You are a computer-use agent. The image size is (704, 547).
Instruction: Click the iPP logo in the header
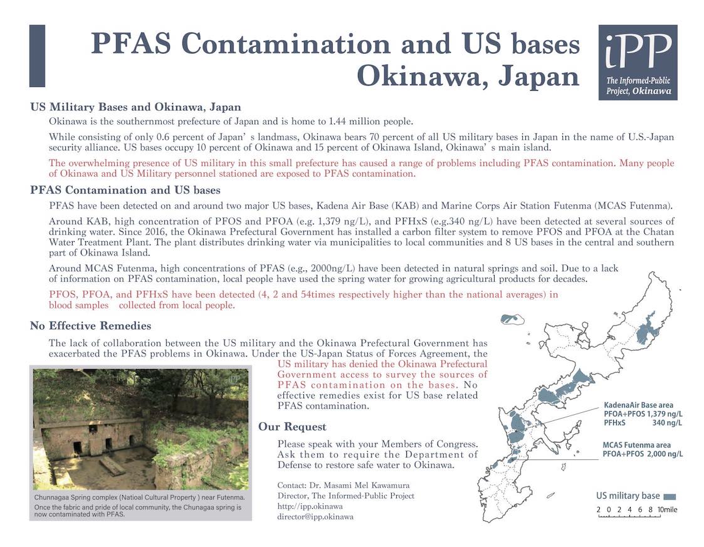pos(638,62)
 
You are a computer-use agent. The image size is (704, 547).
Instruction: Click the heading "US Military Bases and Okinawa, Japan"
pos(135,107)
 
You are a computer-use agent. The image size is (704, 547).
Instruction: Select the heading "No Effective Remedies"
pos(91,326)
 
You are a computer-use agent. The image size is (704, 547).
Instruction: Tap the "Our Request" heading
pos(292,427)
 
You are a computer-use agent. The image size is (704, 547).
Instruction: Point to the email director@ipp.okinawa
pos(315,517)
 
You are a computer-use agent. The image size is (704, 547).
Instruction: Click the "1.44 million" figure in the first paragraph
pos(344,121)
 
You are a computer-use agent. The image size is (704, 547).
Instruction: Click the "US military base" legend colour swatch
pos(669,496)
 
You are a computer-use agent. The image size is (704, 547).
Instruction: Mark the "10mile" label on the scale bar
pos(667,510)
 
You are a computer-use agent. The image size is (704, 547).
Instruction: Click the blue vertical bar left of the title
pos(37,56)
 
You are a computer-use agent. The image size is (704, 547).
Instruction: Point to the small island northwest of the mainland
pos(512,320)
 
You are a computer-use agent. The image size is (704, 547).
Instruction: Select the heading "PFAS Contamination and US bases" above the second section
pos(125,190)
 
